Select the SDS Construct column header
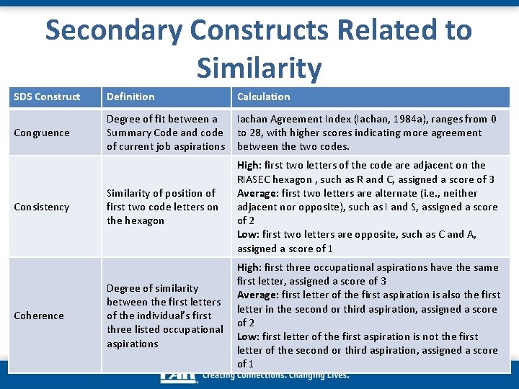(47, 97)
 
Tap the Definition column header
(130, 97)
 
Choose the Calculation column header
(264, 97)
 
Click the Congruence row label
(42, 133)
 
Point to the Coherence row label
(40, 316)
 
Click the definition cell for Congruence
(165, 133)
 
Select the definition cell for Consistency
(162, 207)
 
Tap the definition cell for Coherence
(164, 316)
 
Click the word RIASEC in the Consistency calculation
(255, 179)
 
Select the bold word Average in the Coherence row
(257, 295)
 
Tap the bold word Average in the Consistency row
(257, 193)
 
